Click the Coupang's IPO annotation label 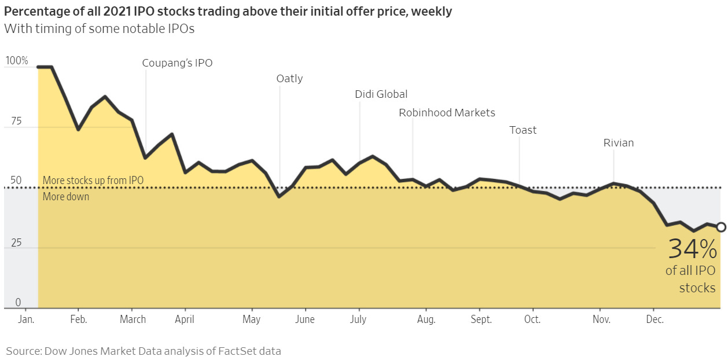(177, 63)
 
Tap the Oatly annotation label (289, 79)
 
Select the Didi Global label (381, 94)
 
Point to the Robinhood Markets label (447, 113)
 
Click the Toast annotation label (523, 130)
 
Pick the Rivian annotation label (618, 143)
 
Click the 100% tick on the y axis (16, 61)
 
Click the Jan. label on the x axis (27, 319)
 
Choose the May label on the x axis (251, 319)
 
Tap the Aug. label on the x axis (426, 319)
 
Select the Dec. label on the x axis (655, 319)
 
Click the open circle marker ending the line (721, 227)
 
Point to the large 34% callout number (692, 249)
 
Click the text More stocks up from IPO (93, 181)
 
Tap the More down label (66, 197)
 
